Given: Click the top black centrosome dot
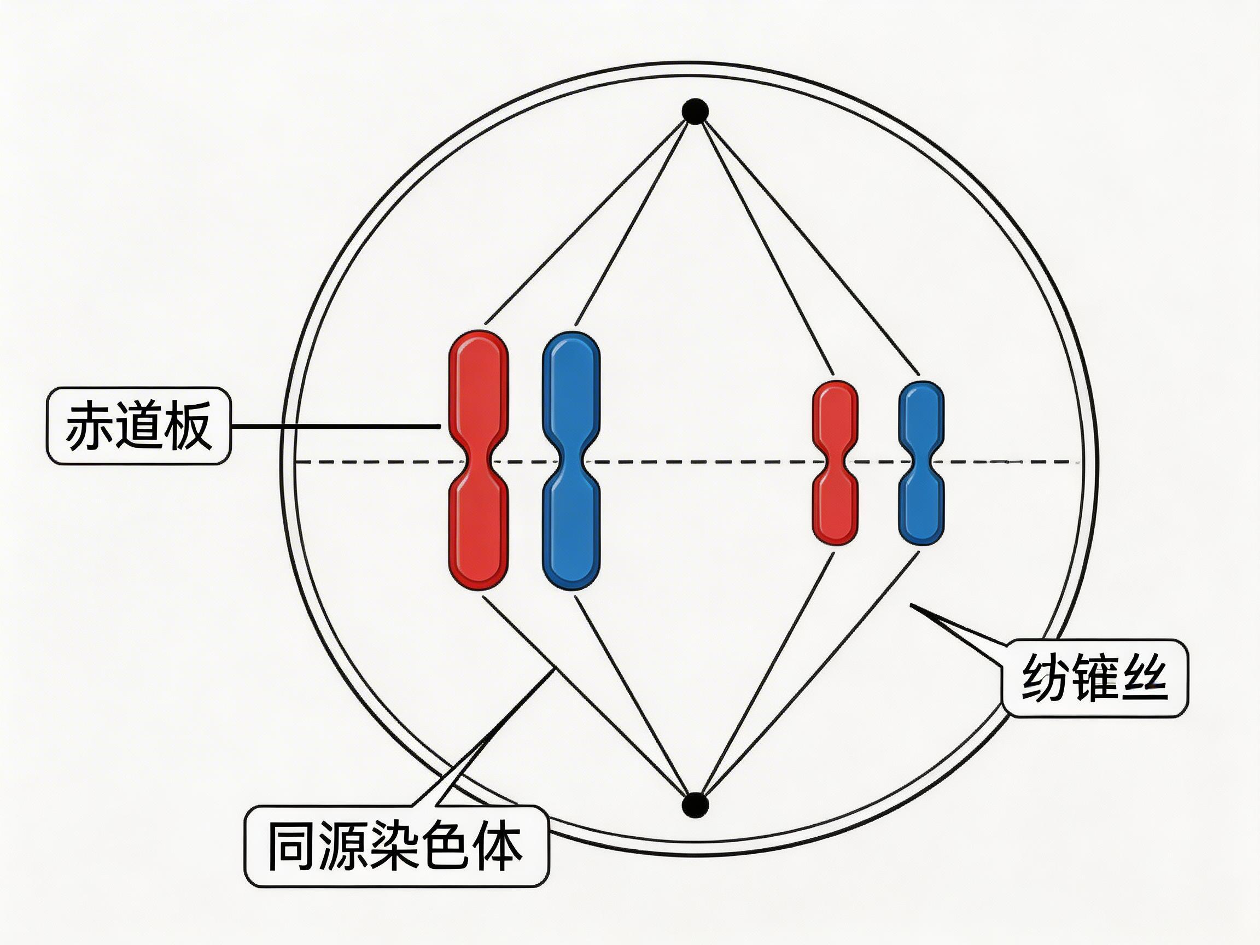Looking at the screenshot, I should (696, 110).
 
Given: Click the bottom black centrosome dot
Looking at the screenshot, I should (695, 805).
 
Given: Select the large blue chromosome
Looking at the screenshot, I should (571, 399).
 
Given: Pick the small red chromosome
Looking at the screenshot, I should (835, 422).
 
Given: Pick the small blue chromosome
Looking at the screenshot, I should (921, 422).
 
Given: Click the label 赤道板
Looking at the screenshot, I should (138, 426).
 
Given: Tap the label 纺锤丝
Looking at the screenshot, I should (1094, 678).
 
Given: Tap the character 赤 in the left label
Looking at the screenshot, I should (89, 426).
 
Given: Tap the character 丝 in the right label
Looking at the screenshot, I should (1142, 678).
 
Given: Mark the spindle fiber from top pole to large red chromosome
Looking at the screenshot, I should (592, 217).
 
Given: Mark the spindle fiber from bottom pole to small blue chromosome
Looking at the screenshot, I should (809, 678).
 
